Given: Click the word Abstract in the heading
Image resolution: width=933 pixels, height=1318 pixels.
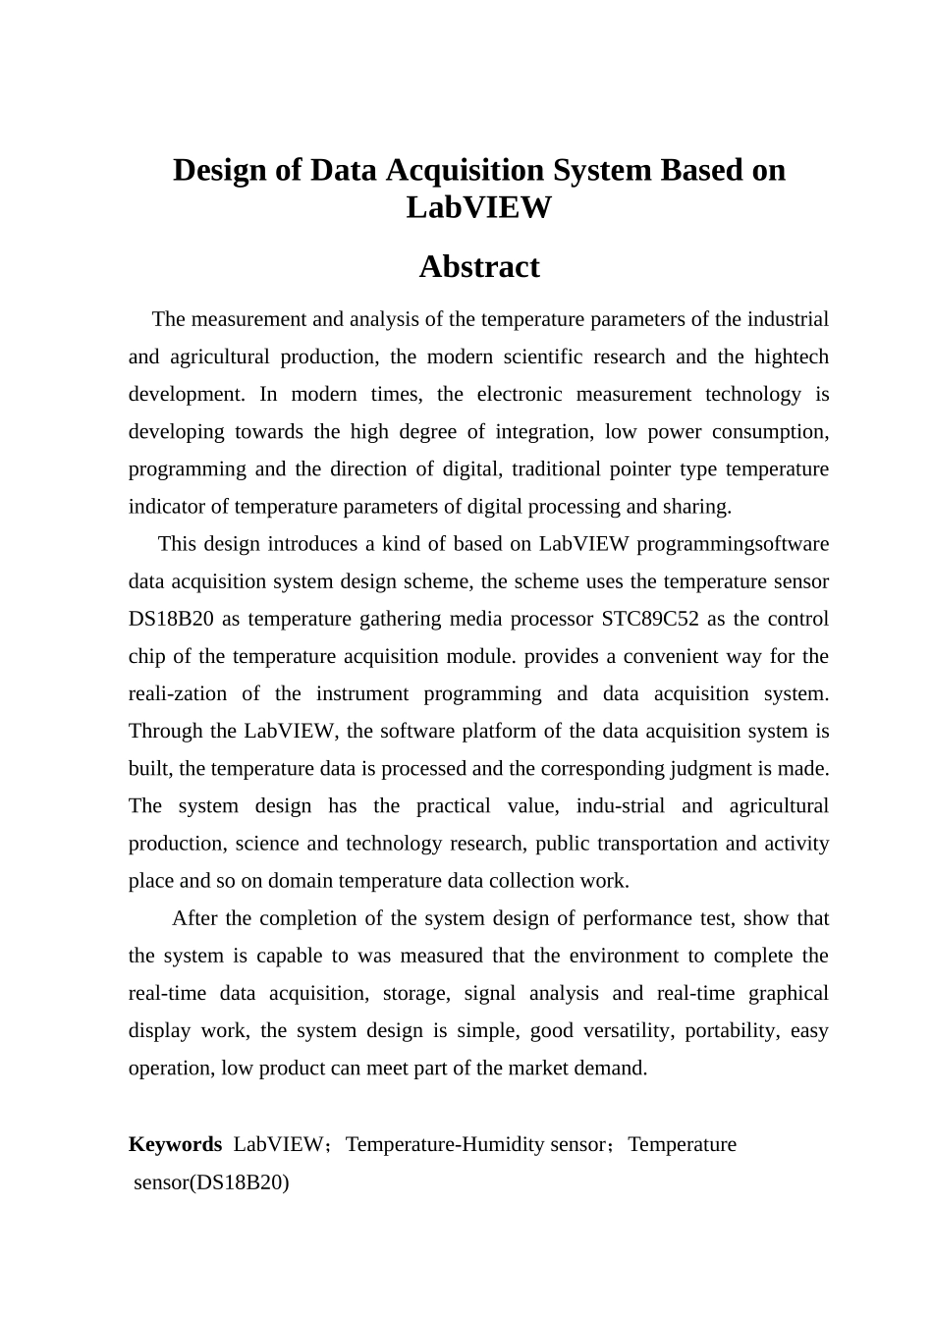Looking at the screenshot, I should pos(478,267).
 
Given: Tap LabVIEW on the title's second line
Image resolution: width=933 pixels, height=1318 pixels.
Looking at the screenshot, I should pos(478,208).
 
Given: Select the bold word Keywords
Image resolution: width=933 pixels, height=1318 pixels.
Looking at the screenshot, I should pos(175,1144).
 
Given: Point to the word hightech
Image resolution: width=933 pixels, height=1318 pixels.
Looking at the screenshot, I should pos(792,357).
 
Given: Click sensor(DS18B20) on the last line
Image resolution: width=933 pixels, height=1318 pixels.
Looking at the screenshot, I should pos(211,1181).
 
